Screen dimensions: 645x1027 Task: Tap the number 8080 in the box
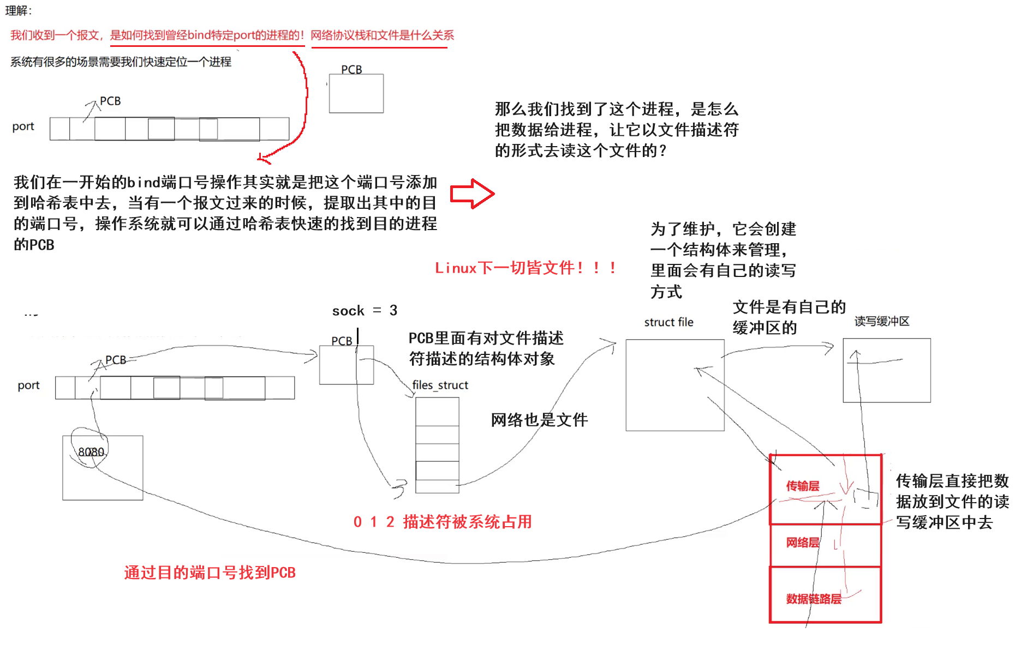[91, 452]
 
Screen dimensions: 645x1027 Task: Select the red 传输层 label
[802, 486]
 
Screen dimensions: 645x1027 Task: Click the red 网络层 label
[802, 542]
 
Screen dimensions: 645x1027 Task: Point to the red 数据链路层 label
[813, 599]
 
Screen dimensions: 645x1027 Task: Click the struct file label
[668, 322]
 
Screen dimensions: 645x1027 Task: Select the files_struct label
[440, 385]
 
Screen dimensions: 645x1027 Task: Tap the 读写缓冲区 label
[881, 321]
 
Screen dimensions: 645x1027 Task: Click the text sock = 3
[365, 311]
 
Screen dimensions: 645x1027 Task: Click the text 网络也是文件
[539, 420]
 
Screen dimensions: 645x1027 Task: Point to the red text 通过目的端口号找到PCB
[210, 572]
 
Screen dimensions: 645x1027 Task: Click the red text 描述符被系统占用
[467, 522]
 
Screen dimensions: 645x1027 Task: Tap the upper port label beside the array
[23, 126]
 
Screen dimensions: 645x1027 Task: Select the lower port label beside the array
[28, 385]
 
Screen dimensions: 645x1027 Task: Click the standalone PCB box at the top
[356, 94]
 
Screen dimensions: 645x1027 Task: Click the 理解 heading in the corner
[19, 10]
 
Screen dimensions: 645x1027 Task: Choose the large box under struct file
[674, 385]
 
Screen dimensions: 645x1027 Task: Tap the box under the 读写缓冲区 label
[886, 370]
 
